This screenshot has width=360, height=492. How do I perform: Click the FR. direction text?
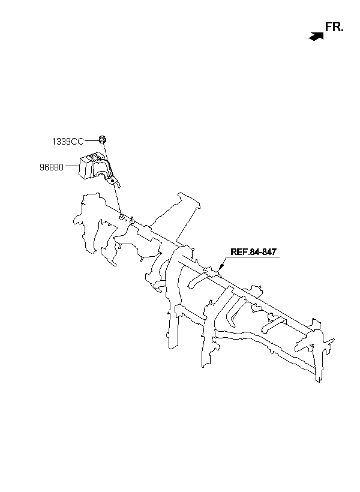pos(334,26)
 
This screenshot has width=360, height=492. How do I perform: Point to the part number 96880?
pos(52,167)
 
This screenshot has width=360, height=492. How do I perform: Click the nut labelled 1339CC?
pos(103,140)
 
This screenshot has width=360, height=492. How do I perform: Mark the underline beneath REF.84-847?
pos(253,258)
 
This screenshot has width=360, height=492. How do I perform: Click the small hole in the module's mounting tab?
pos(113,180)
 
